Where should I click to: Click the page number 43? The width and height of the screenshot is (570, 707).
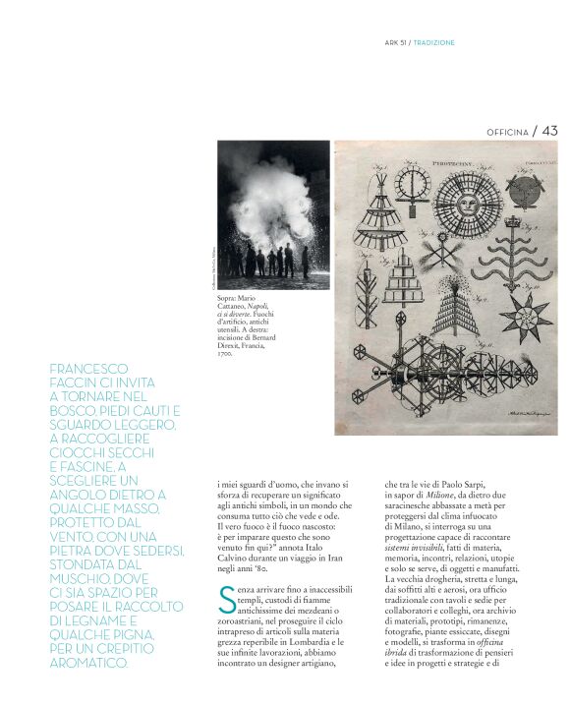point(549,130)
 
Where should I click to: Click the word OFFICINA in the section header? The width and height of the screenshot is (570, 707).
point(508,131)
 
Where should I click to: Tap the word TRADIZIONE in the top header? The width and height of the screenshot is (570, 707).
point(433,42)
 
